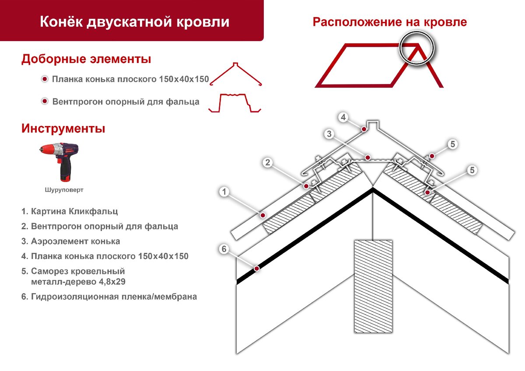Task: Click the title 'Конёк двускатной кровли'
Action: tap(134, 21)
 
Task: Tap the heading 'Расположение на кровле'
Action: tap(389, 22)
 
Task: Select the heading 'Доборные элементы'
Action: tap(86, 59)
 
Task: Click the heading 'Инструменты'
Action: tap(63, 129)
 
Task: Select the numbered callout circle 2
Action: tap(268, 163)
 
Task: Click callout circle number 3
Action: tap(329, 134)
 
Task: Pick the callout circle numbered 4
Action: tap(343, 117)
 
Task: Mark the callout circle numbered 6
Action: tap(224, 249)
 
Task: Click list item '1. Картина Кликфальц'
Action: tap(70, 212)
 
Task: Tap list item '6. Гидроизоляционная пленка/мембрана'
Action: tap(109, 297)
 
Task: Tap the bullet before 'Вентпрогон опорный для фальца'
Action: tap(44, 102)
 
